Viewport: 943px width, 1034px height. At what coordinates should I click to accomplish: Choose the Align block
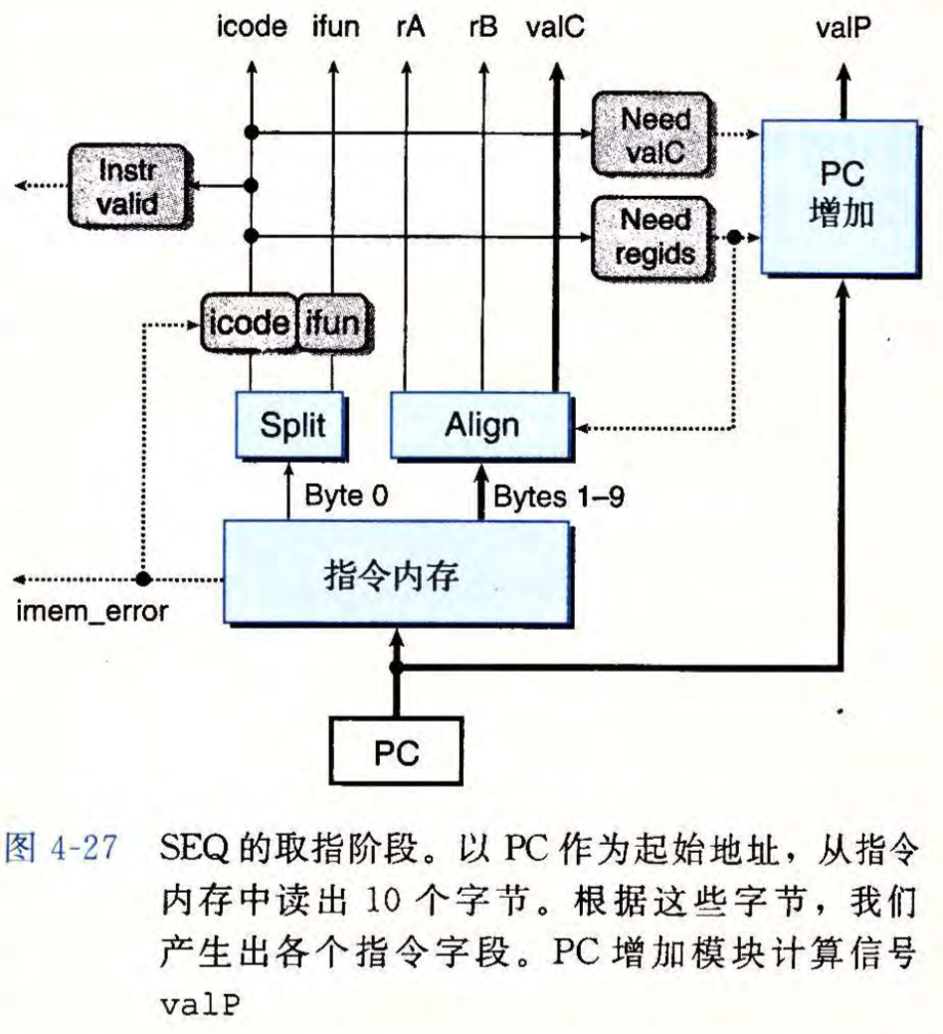pyautogui.click(x=480, y=425)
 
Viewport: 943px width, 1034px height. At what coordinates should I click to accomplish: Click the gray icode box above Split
pyautogui.click(x=249, y=322)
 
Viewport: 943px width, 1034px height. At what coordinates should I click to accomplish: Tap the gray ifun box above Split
pyautogui.click(x=332, y=322)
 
